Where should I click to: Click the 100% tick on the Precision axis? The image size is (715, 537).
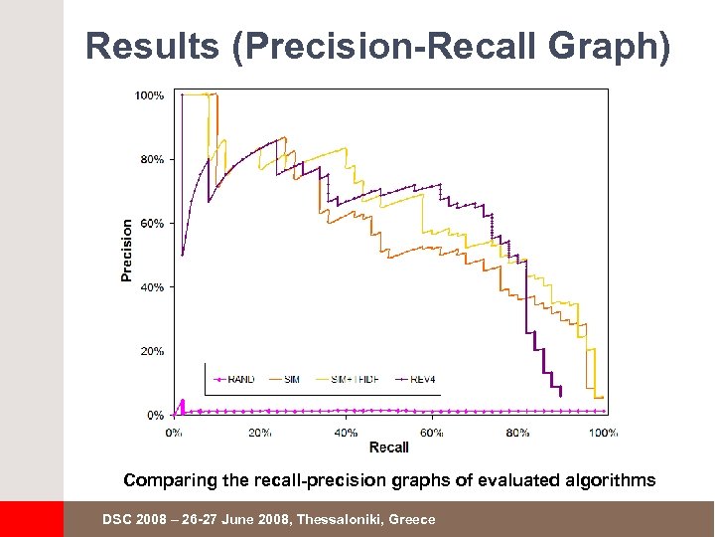click(150, 95)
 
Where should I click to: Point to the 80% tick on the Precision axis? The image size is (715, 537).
click(152, 159)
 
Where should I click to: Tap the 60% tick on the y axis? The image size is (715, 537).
click(152, 224)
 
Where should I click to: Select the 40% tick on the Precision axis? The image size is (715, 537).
click(152, 287)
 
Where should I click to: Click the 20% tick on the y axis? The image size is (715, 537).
click(152, 351)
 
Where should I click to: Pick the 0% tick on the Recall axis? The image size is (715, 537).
click(174, 433)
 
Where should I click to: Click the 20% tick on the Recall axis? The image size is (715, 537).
click(260, 433)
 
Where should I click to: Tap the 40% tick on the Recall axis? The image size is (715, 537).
click(347, 433)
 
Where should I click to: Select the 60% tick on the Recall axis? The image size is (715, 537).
click(432, 433)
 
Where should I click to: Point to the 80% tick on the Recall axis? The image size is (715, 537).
click(517, 433)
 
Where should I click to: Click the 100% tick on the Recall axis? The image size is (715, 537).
click(603, 433)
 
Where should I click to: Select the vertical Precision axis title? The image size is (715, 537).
click(127, 250)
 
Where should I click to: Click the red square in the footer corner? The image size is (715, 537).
click(31, 519)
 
